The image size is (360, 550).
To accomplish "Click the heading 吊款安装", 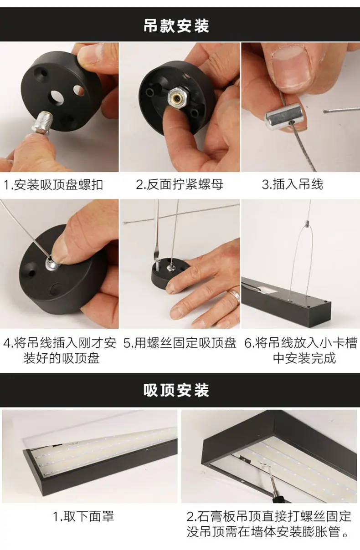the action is (176, 25).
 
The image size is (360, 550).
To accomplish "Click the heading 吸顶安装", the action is (176, 390).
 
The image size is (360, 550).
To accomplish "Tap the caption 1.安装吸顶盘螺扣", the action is (53, 185).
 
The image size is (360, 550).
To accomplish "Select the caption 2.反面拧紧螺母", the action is (180, 185).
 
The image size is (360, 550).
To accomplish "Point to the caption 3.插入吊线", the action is (293, 184).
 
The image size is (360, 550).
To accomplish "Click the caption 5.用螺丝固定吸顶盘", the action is (180, 343).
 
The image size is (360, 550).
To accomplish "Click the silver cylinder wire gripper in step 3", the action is (284, 117).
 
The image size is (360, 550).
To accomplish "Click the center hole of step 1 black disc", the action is (56, 97).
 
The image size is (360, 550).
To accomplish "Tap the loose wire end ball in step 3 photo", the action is (325, 112).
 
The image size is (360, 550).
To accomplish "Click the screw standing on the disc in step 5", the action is (157, 265).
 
